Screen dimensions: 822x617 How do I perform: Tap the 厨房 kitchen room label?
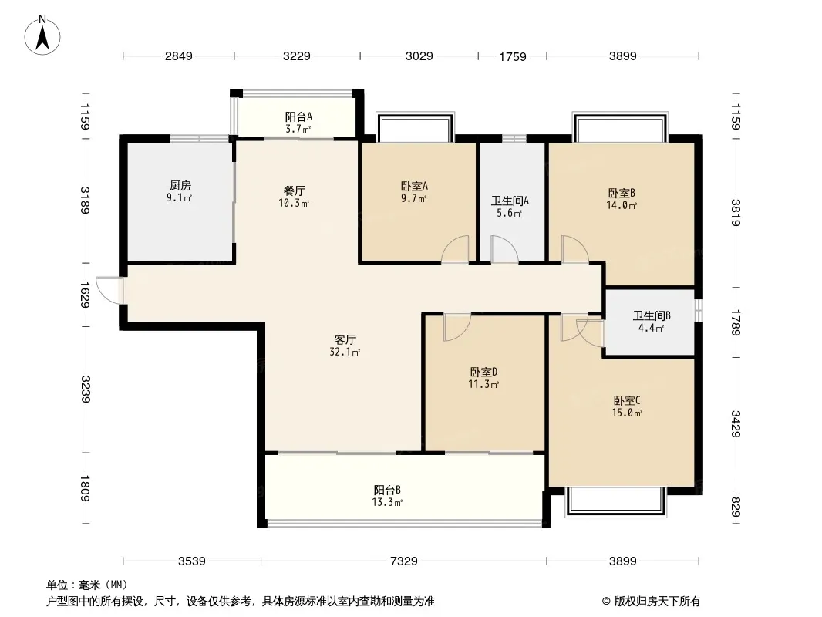180,186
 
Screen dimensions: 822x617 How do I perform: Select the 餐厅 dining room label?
294,190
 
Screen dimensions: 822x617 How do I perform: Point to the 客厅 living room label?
345,339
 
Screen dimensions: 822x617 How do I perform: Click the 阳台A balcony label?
298,117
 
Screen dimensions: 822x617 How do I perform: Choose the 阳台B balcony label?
387,491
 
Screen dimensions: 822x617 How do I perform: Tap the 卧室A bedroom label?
414,186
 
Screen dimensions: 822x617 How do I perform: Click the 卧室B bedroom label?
622,194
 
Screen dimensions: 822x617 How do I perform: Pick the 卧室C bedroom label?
627,401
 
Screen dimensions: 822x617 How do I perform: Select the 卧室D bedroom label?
483,373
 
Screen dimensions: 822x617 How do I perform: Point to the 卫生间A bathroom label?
510,201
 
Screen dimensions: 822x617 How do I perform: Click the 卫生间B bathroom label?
652,315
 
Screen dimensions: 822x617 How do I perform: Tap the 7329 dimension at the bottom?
403,561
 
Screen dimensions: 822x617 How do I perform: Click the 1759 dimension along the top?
512,56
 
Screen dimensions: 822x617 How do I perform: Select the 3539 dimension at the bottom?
192,561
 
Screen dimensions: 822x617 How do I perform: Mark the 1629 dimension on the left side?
85,295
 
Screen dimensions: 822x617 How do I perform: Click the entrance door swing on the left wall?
109,290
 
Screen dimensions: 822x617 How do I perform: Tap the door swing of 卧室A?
454,249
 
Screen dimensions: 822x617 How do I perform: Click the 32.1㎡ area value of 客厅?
345,352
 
